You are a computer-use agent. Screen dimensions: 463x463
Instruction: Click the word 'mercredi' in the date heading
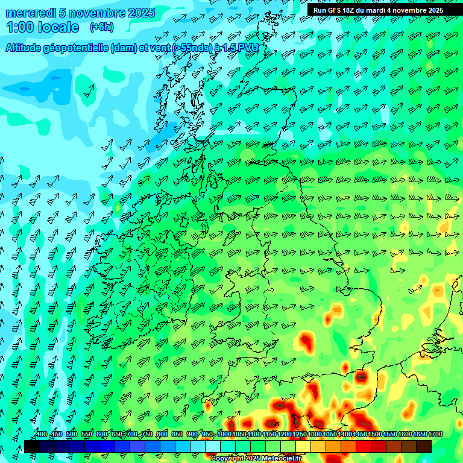[x=31, y=13]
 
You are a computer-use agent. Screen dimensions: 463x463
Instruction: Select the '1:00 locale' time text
[x=43, y=27]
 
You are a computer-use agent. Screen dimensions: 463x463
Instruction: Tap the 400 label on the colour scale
[x=41, y=434]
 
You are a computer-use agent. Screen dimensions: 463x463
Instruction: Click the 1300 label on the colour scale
[x=315, y=434]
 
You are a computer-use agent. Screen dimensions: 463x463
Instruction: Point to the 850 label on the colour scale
[x=177, y=434]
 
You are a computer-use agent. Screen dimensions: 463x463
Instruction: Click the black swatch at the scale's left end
[x=32, y=446]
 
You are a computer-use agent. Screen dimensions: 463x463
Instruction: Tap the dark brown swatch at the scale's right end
[x=424, y=446]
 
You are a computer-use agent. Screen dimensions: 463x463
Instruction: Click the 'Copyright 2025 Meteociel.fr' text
[x=255, y=458]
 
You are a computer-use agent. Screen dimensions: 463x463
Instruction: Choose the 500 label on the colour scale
[x=72, y=434]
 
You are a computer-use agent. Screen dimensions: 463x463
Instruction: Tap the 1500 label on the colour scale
[x=375, y=434]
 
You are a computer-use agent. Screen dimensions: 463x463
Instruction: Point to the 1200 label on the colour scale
[x=285, y=434]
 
